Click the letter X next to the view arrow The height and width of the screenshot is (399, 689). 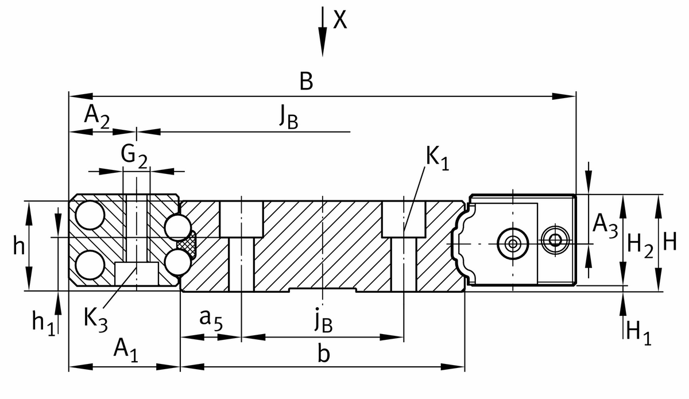340,21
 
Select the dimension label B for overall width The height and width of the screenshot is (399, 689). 306,82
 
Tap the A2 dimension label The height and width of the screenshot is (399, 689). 97,116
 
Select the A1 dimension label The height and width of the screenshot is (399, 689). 126,349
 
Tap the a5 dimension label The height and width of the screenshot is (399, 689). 210,319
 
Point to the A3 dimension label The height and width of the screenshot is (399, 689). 605,224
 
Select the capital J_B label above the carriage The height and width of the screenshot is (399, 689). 288,118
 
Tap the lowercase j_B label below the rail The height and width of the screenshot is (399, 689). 323,323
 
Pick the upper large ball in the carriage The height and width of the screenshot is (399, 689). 90,216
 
